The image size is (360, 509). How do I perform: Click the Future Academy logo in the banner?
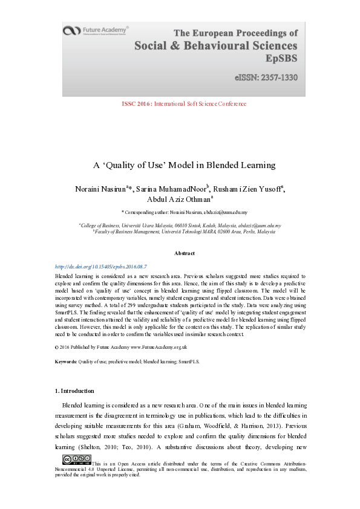(x=97, y=31)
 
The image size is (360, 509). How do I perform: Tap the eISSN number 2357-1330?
(x=266, y=78)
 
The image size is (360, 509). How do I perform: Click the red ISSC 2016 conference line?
(x=184, y=104)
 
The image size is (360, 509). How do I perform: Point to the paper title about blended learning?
(x=184, y=164)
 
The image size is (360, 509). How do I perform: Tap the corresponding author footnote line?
(x=180, y=213)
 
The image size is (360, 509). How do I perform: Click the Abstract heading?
(x=184, y=253)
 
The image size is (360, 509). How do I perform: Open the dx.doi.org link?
(x=101, y=266)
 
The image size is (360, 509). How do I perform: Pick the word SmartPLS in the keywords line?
(x=188, y=361)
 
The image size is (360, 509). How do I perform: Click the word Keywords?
(x=65, y=361)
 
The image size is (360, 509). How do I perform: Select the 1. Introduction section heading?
(x=74, y=391)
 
